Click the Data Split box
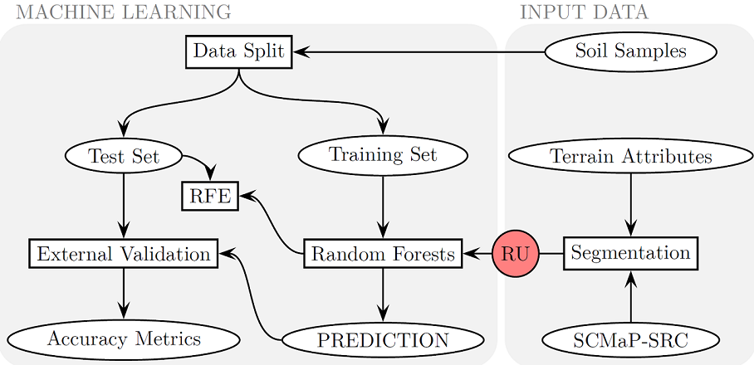coord(238,51)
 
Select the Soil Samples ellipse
coord(630,51)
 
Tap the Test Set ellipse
coord(124,155)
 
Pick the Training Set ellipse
coord(382,155)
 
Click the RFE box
coord(209,197)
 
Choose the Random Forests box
coord(382,254)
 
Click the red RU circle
coord(516,254)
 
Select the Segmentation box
coord(630,253)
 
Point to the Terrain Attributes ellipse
coord(630,156)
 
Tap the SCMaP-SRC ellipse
coord(630,339)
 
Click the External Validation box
coord(124,254)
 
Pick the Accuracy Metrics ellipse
coord(124,339)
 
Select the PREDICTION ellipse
coord(382,339)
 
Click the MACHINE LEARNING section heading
coord(123,12)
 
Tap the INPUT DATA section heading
coord(584,12)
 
